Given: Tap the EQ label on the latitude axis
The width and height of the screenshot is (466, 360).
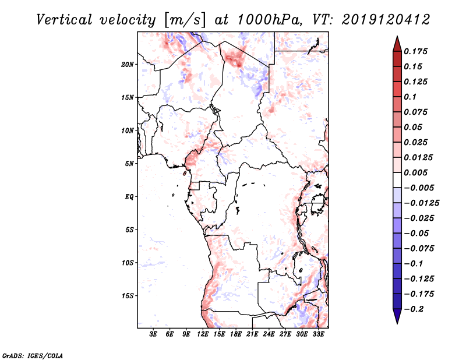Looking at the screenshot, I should click(x=129, y=197).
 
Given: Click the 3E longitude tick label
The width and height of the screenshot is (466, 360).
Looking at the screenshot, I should click(x=154, y=335).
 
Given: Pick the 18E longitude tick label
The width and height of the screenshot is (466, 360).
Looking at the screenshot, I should click(x=236, y=335).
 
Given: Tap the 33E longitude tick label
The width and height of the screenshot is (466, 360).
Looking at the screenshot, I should click(x=319, y=335).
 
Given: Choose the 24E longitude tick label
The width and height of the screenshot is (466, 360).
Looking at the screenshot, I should click(x=269, y=335).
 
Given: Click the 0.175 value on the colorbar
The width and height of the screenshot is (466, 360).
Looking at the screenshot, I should click(x=417, y=51).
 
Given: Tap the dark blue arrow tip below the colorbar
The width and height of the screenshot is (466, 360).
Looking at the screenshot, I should click(x=397, y=319).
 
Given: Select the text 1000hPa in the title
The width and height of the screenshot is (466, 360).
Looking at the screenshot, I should click(x=267, y=20).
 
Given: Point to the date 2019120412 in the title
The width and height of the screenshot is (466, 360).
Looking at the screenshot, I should click(x=379, y=20).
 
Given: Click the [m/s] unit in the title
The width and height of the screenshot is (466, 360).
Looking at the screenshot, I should click(x=186, y=20).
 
